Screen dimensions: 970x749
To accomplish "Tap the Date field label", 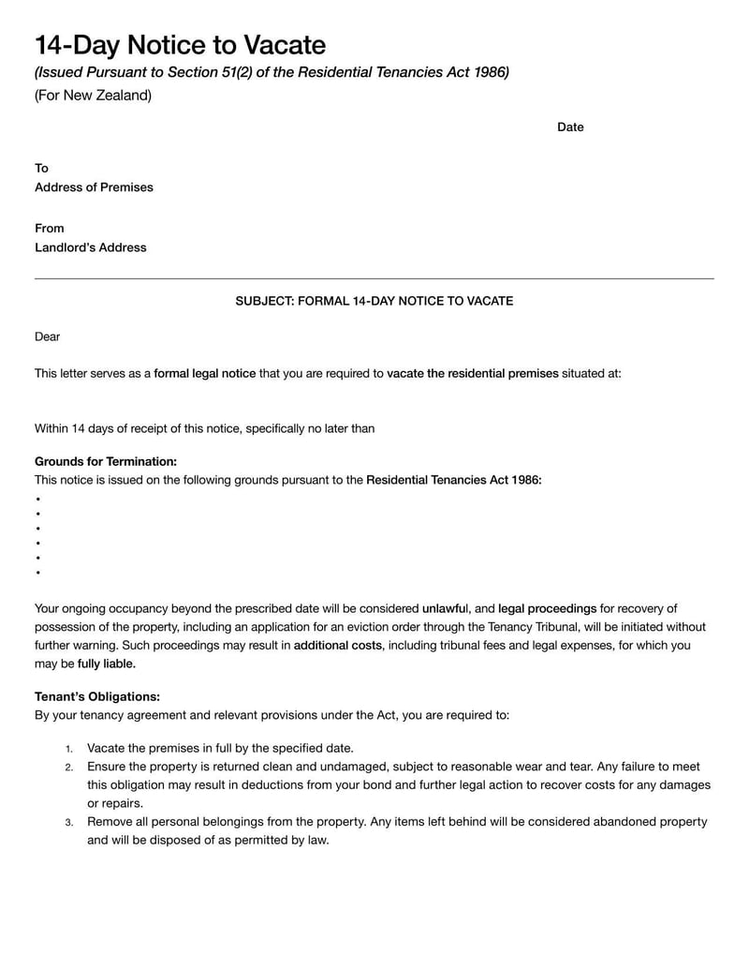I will tap(570, 127).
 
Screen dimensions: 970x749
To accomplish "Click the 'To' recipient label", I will tap(41, 169).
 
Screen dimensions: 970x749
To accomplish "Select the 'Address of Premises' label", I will tap(94, 187).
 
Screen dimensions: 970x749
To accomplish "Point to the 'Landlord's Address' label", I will tap(90, 248).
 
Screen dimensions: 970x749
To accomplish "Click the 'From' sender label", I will tap(49, 229).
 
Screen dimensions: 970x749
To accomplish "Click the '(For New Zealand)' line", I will tap(93, 96).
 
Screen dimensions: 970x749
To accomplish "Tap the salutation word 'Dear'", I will tap(47, 337).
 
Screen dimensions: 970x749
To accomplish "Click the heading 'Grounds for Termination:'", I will tap(105, 462).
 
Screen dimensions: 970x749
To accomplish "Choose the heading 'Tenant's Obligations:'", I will tap(97, 697).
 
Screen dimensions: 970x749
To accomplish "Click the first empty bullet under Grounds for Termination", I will tap(37, 500).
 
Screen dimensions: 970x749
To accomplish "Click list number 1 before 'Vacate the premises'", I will tap(68, 749).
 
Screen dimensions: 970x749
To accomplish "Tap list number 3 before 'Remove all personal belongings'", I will tap(68, 823).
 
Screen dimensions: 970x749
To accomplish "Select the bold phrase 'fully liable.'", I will tap(106, 664).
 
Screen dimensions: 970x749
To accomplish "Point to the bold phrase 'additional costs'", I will tap(337, 646).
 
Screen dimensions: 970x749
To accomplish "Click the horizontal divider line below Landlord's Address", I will tap(374, 278).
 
